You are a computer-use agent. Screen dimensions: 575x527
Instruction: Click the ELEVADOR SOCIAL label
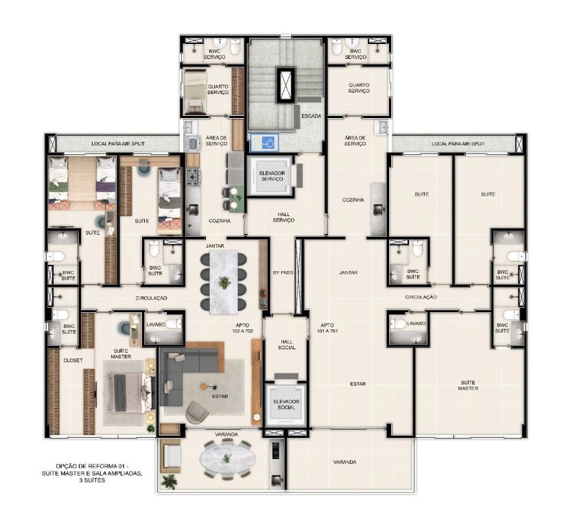[x=286, y=404]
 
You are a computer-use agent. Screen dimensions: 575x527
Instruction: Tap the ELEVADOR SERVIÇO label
[x=272, y=176]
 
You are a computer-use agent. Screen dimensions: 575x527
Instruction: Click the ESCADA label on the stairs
[x=312, y=116]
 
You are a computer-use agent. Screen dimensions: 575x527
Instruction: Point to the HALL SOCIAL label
[x=286, y=344]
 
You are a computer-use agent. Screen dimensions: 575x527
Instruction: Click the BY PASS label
[x=283, y=272]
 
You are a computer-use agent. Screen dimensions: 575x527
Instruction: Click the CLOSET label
[x=73, y=360]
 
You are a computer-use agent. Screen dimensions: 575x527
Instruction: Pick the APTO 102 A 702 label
[x=242, y=328]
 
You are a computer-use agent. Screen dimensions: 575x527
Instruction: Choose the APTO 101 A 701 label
[x=327, y=328]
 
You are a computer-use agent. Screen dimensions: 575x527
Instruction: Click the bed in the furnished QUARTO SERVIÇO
[x=195, y=91]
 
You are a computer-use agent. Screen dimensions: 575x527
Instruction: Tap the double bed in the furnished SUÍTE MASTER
[x=130, y=393]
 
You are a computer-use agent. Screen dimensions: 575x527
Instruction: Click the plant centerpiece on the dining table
[x=224, y=283]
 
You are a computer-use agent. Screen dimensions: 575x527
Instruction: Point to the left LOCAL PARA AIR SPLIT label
[x=118, y=144]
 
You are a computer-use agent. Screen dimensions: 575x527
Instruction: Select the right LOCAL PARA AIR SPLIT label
[x=458, y=144]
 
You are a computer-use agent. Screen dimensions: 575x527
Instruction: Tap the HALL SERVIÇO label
[x=283, y=217]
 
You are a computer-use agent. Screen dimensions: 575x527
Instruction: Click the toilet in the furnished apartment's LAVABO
[x=174, y=324]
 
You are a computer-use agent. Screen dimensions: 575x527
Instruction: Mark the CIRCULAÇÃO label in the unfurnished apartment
[x=421, y=297]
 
